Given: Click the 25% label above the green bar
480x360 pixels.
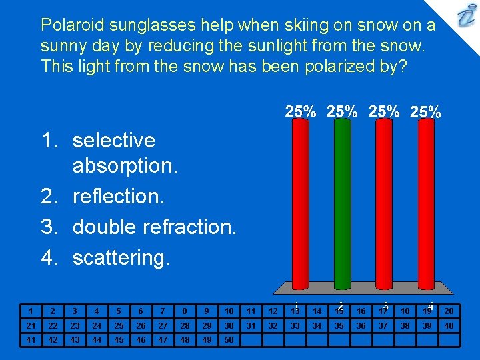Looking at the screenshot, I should [x=342, y=112].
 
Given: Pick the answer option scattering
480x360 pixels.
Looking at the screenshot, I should [x=121, y=257].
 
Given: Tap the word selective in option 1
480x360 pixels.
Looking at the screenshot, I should [x=113, y=141].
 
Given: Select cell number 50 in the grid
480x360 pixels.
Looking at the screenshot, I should [x=229, y=339].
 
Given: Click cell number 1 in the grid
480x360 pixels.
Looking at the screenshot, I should [x=30, y=311].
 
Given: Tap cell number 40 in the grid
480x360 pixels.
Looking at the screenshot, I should [x=449, y=325].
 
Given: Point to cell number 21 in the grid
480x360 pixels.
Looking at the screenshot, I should [x=30, y=325].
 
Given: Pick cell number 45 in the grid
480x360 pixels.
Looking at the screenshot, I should [x=118, y=339].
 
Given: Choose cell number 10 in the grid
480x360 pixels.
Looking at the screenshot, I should [x=229, y=311].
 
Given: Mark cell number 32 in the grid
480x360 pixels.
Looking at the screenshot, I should [x=273, y=325].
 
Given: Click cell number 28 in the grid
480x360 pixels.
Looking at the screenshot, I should [x=184, y=325].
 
